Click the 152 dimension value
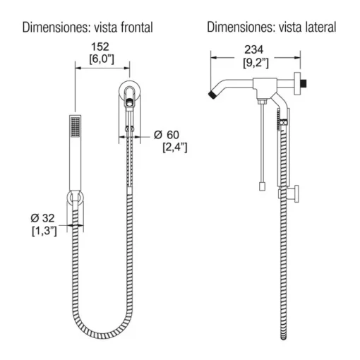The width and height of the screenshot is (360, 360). pos(100,47)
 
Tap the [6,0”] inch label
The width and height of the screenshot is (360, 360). pos(102,59)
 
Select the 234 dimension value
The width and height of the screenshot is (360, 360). pos(254,49)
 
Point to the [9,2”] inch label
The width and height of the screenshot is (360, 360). pos(256,63)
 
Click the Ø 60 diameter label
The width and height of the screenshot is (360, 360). pos(167,135)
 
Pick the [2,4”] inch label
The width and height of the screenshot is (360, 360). pos(175,148)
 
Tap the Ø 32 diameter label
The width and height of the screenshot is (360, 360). pos(42,218)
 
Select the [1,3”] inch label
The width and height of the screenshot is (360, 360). pos(44,231)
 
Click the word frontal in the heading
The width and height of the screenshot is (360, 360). pos(137,28)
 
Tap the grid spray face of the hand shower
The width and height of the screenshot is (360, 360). pos(76,126)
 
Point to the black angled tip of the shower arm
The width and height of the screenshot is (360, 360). pos(213,95)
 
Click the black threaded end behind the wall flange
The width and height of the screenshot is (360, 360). pos(304,83)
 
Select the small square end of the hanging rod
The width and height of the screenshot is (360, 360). pos(262,186)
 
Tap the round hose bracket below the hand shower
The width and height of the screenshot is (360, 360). pos(76,197)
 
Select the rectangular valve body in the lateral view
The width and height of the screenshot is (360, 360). pos(265,88)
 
